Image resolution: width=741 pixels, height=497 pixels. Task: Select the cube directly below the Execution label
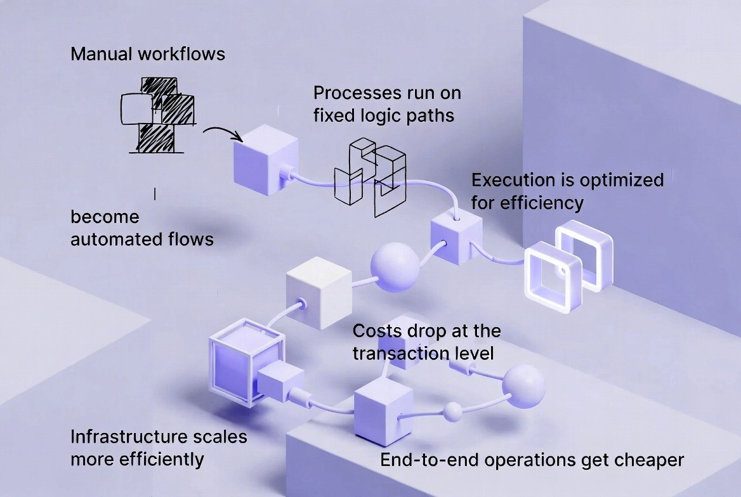(x=456, y=239)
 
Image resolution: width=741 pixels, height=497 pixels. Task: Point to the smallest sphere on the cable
(x=452, y=412)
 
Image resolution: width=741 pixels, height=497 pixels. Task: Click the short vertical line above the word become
(x=155, y=193)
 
